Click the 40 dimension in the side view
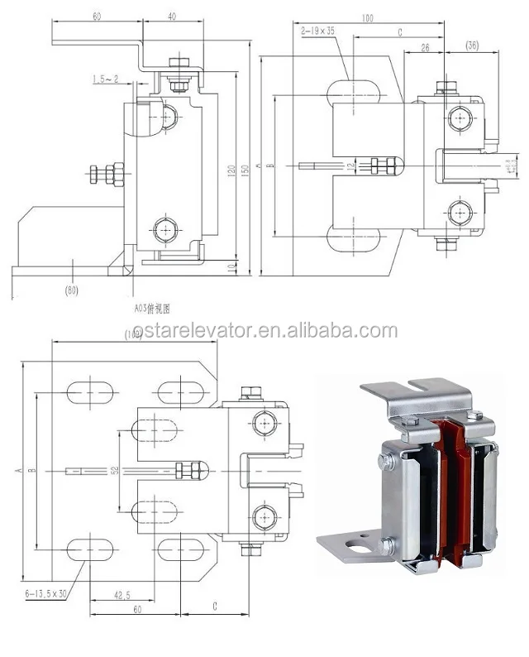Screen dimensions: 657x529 170,17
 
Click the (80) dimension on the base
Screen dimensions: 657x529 73,291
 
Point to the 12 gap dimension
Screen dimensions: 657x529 350,165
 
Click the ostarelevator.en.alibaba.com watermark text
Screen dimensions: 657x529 264,331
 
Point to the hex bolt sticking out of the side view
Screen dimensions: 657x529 105,175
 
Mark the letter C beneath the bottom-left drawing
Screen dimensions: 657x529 214,607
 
